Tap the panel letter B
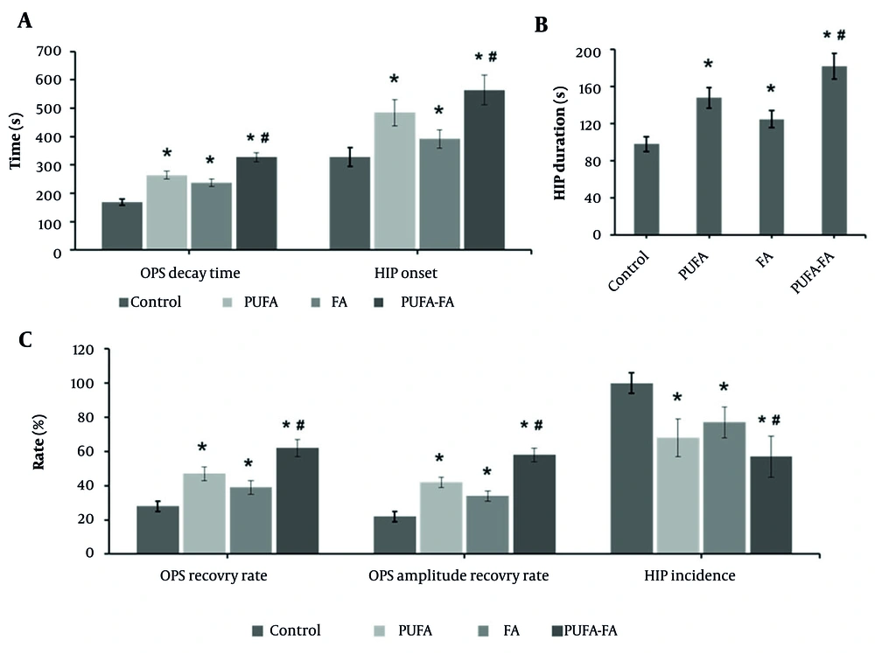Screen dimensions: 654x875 542,25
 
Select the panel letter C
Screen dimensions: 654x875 25,339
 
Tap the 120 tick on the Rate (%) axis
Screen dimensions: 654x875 80,349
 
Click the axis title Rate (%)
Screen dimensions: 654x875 38,451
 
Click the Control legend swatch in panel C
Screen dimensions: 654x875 258,630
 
